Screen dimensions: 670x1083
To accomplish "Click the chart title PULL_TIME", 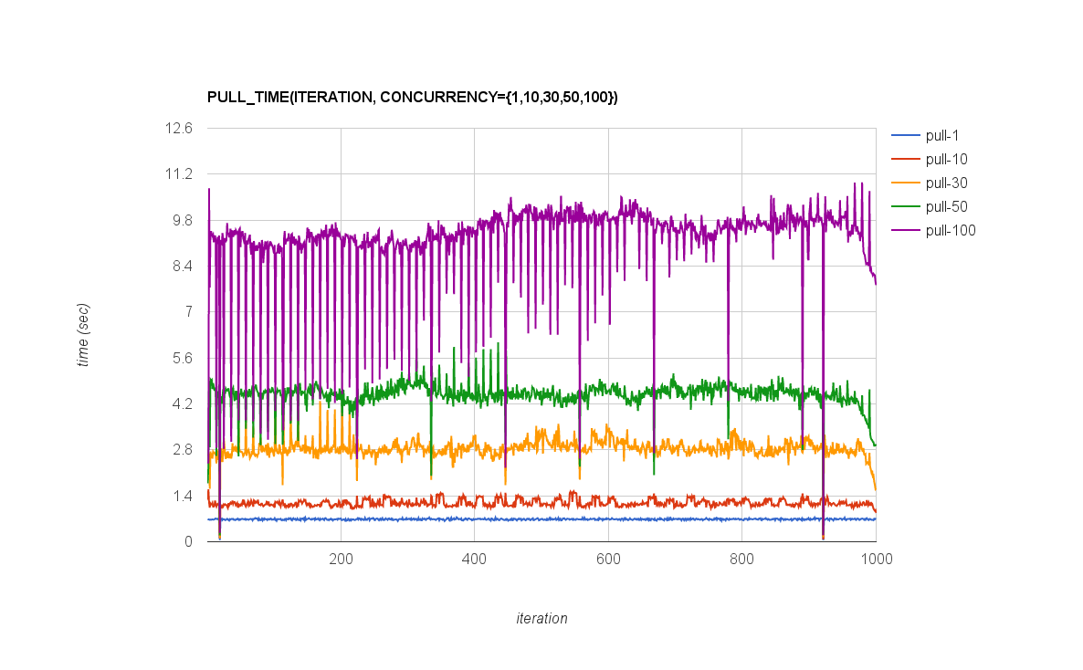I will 413,97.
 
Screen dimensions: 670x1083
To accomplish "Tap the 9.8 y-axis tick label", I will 181,220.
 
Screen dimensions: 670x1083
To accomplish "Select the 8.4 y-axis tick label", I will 181,267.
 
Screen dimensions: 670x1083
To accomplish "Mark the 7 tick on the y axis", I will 188,312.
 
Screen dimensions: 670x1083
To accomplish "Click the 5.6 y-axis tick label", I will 181,358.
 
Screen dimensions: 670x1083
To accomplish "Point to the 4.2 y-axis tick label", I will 181,404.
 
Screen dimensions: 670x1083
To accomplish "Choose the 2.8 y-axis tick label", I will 181,450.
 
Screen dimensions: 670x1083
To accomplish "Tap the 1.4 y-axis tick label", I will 181,497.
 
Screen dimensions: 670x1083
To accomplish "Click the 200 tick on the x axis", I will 341,559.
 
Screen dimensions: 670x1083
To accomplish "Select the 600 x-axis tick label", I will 608,559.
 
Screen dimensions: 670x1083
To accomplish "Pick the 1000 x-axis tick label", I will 876,559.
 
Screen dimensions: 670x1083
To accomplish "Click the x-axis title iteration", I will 541,619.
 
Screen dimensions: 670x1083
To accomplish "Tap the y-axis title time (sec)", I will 83,335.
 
